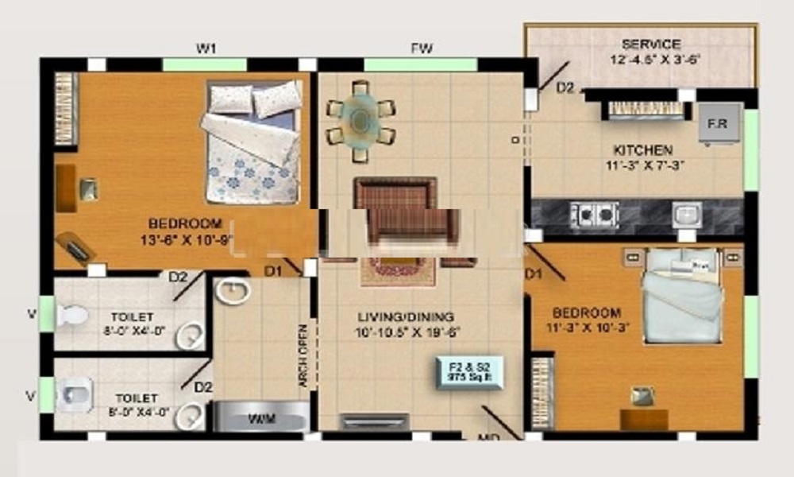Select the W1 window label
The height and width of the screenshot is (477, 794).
(206, 49)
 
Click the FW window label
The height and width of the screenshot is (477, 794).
(422, 49)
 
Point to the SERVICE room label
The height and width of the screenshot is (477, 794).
(651, 45)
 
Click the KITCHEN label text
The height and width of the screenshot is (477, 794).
(642, 149)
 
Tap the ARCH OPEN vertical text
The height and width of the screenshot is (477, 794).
(303, 355)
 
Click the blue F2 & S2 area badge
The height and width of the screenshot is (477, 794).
(468, 372)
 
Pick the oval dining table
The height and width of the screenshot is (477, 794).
(361, 119)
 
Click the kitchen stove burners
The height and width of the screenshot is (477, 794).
(594, 214)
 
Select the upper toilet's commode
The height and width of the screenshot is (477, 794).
(71, 315)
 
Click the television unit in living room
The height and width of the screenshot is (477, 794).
(375, 421)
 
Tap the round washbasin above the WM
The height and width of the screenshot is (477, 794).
(232, 291)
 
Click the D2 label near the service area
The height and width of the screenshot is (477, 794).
(565, 88)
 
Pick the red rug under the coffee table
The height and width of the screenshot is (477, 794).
(398, 271)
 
